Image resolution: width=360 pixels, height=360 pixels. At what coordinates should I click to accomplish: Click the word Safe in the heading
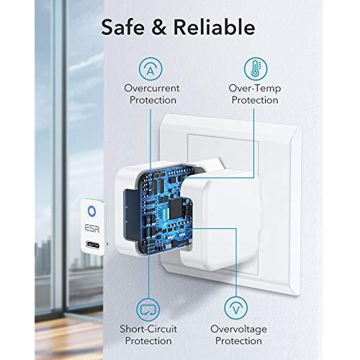pos(122,27)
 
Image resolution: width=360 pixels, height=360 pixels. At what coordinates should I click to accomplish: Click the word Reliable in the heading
pos(214,27)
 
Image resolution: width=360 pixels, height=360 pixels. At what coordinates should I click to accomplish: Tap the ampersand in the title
pos(159,27)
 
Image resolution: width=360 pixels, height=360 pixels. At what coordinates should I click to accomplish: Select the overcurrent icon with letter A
pos(150,69)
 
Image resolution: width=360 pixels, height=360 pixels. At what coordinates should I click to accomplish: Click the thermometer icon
pos(256,68)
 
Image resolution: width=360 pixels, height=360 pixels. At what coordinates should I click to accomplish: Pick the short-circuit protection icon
pos(148,310)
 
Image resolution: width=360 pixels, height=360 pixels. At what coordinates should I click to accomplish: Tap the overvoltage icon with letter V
pos(236,308)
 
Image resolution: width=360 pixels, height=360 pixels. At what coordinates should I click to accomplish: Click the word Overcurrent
pos(152,88)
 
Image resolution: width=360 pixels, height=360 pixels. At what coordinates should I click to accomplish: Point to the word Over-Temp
pos(255,89)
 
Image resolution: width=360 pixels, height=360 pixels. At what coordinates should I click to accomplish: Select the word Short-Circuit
pos(148,329)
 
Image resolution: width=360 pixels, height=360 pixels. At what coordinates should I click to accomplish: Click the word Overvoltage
pos(238,329)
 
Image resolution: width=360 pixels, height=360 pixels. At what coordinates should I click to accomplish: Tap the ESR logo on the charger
pos(92,228)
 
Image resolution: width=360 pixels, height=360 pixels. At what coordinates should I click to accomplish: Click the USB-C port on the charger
pos(93,245)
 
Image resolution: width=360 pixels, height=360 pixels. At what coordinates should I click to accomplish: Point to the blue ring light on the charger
pos(91,211)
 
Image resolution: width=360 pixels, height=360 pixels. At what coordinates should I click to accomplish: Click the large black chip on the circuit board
pos(176,209)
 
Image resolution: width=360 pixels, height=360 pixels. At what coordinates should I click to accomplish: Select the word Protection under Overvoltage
pos(238,341)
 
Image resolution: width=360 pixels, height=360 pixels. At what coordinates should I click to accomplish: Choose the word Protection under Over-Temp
pos(255,100)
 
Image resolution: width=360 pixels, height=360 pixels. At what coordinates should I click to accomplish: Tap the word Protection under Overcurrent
pos(153,100)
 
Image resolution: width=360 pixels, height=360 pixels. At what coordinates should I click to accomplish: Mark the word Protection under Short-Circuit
pos(148,341)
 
